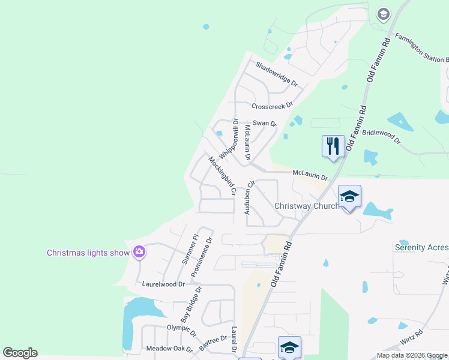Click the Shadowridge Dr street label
tap(277, 74)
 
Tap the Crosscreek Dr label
tap(272, 106)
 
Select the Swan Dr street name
tap(264, 123)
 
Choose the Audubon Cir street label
tap(249, 197)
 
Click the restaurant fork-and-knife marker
tap(333, 146)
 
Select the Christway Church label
tap(306, 206)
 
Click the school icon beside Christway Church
tap(349, 196)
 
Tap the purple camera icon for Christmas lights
tap(139, 252)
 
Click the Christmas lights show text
tap(88, 253)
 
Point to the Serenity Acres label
tap(421, 247)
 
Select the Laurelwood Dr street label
tap(163, 284)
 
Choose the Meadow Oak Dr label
tap(169, 349)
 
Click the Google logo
tap(20, 353)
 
